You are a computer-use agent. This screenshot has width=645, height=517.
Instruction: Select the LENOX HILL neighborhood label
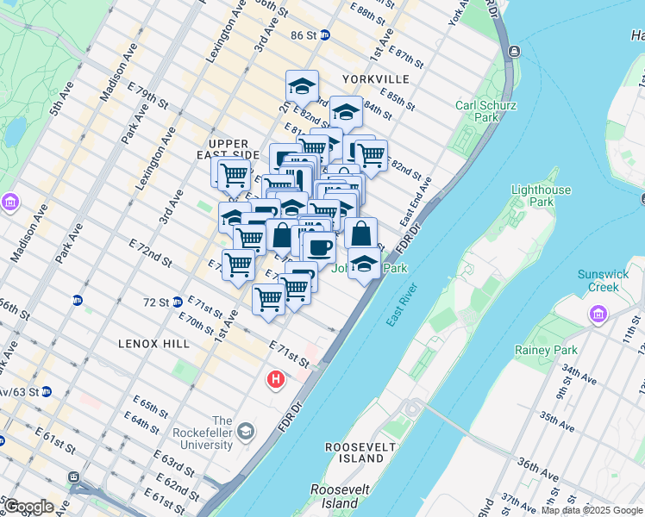point(154,344)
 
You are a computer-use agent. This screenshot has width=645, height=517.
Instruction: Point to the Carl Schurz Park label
point(485,111)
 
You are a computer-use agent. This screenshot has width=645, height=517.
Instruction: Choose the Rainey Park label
point(546,350)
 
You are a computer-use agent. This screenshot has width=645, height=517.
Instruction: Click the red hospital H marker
point(276,378)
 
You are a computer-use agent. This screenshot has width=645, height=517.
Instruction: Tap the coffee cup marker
point(319,247)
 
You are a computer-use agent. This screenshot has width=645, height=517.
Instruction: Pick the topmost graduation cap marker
point(302,86)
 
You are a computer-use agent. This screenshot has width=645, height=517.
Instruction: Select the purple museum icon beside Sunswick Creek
point(598,316)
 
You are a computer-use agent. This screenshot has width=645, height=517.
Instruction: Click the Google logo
point(28,507)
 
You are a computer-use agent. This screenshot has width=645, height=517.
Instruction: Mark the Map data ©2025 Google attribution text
point(591,510)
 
